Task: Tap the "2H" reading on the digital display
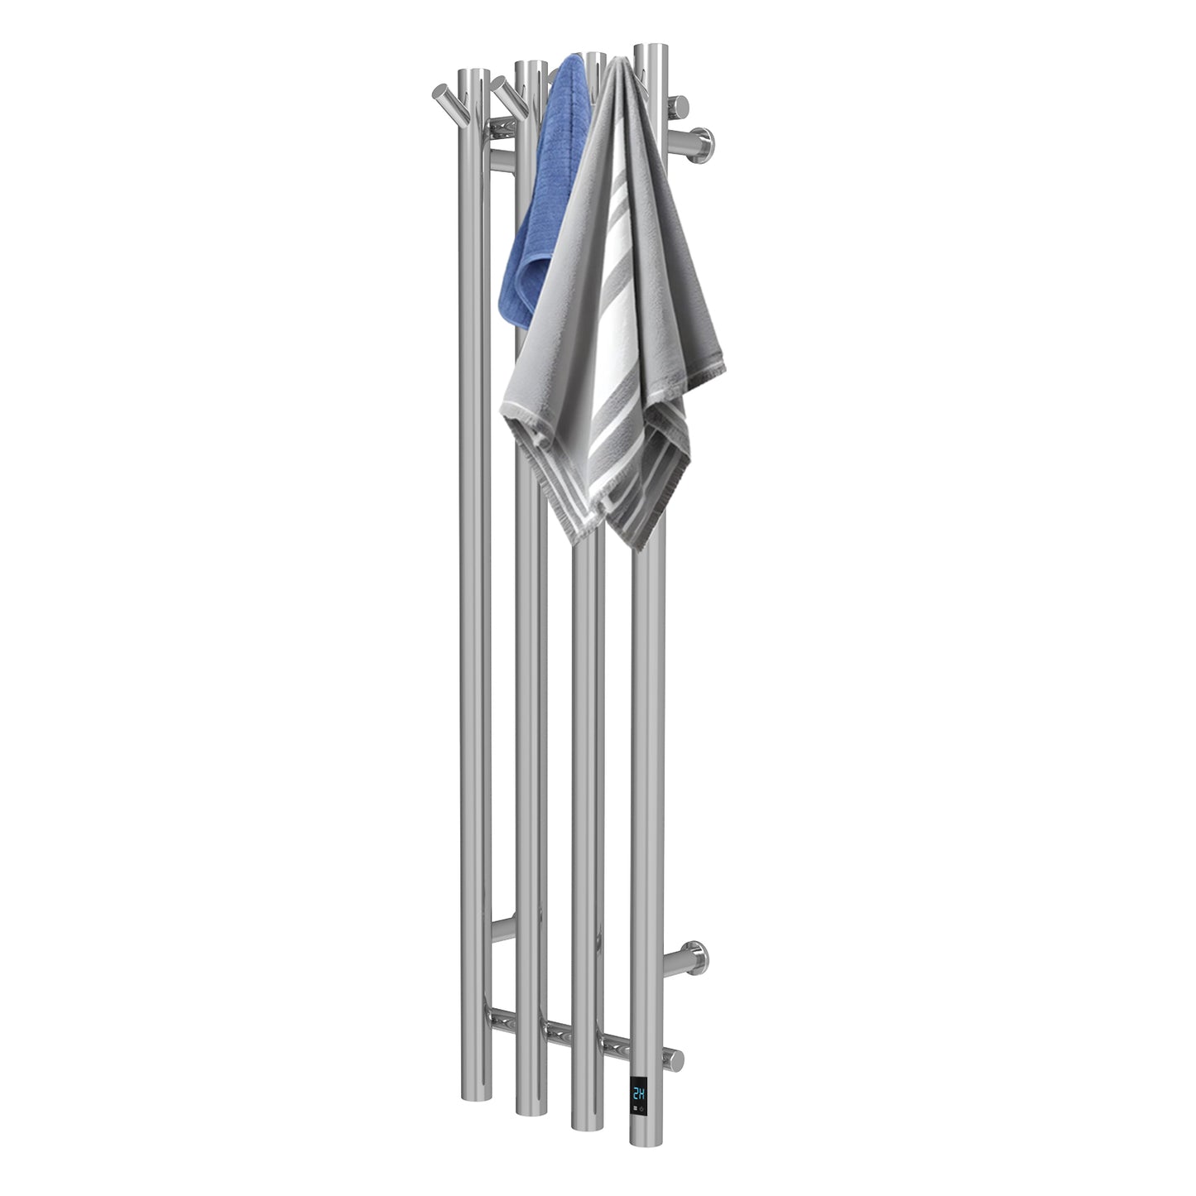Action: [640, 1093]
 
